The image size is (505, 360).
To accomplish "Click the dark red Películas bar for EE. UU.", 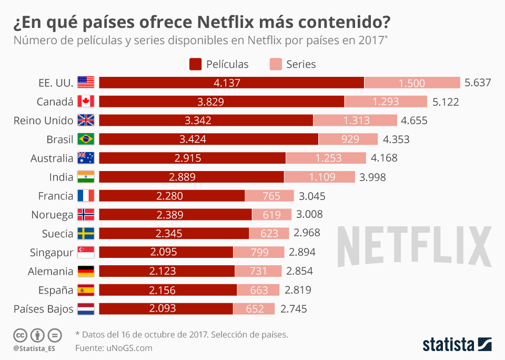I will coord(231,83).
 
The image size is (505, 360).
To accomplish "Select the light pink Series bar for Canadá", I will coord(386,102).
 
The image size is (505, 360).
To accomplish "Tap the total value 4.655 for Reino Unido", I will coord(414,121).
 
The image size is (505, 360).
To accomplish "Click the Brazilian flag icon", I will coord(86,139).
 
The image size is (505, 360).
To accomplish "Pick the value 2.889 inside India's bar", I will coord(191,177).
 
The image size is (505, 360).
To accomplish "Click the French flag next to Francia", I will coord(86,196).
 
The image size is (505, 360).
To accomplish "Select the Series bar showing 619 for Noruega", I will coord(271,215).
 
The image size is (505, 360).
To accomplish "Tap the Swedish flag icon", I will coord(86,234).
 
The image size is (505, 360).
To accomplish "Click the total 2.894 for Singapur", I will coord(302,252).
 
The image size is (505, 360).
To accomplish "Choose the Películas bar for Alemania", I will coord(167,271).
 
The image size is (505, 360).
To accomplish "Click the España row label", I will coord(56,290).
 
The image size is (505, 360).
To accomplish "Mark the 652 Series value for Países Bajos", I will coord(255,309).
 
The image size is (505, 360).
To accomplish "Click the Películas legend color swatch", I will coord(195,64).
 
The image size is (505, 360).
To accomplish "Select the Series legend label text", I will coord(301,64).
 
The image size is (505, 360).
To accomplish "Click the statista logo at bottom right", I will coord(457,345).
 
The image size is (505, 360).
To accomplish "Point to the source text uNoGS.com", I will coord(128,348).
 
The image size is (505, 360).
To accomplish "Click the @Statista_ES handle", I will coord(35,348).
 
